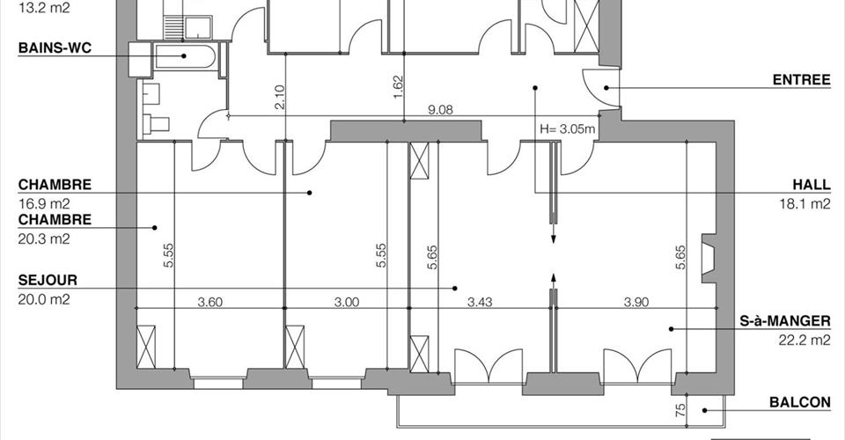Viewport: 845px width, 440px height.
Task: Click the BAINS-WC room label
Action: pos(55,48)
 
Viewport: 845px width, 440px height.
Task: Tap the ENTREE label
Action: pos(801,80)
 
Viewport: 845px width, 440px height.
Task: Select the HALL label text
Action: pos(812,185)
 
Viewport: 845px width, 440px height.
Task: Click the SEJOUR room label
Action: pos(48,280)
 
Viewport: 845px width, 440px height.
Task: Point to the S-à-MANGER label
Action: pos(784,321)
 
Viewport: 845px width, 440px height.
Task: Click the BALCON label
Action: pos(800,402)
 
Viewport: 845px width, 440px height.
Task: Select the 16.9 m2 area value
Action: pos(44,203)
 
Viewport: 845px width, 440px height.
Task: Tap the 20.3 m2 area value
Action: pos(44,238)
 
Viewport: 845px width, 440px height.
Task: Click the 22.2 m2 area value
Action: pos(805,340)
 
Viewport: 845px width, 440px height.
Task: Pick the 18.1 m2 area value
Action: pos(805,203)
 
